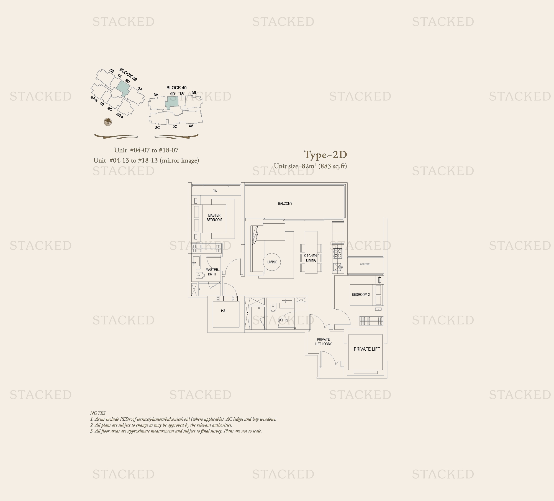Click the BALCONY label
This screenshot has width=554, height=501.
[x=285, y=203]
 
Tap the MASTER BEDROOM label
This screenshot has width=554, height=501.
[x=214, y=218]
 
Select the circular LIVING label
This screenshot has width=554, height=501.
[x=272, y=262]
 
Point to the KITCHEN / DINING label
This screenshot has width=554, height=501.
[x=311, y=258]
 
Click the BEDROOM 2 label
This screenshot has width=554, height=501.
[x=361, y=295]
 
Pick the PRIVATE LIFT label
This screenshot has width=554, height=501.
[x=367, y=349]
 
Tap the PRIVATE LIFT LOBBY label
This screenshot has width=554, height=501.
[x=323, y=342]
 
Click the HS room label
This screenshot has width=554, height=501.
[x=223, y=311]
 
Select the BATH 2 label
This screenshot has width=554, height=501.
[x=283, y=320]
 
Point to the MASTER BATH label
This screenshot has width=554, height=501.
[x=212, y=272]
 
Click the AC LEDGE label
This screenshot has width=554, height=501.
[x=365, y=264]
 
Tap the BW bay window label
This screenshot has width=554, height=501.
[x=215, y=191]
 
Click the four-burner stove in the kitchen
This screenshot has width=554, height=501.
[x=338, y=253]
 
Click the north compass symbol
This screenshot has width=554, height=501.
[x=108, y=122]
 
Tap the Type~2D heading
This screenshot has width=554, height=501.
[x=325, y=155]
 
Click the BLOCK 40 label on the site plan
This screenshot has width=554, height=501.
[x=176, y=88]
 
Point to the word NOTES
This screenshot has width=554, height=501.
[x=98, y=413]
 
